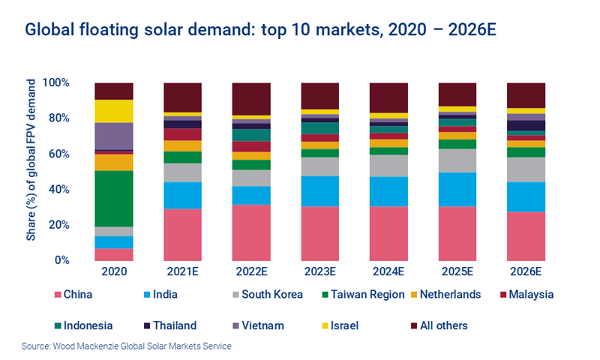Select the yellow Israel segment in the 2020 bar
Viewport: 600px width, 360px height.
coord(114,111)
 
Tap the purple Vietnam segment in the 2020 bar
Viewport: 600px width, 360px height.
coord(114,136)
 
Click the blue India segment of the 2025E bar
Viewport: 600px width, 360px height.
coord(457,189)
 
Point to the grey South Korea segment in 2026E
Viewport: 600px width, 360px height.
coord(526,169)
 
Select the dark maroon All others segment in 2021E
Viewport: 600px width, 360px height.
coord(182,97)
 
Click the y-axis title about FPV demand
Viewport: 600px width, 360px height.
coord(31,171)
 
